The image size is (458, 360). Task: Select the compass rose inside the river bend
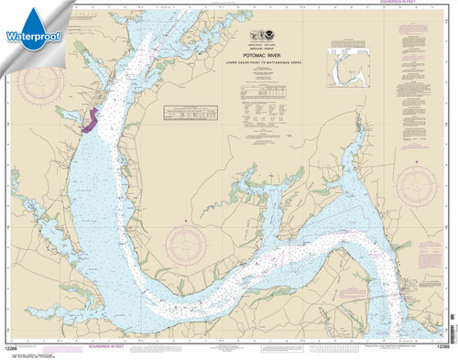tap(187, 248)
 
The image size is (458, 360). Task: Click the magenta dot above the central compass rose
tap(187, 222)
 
